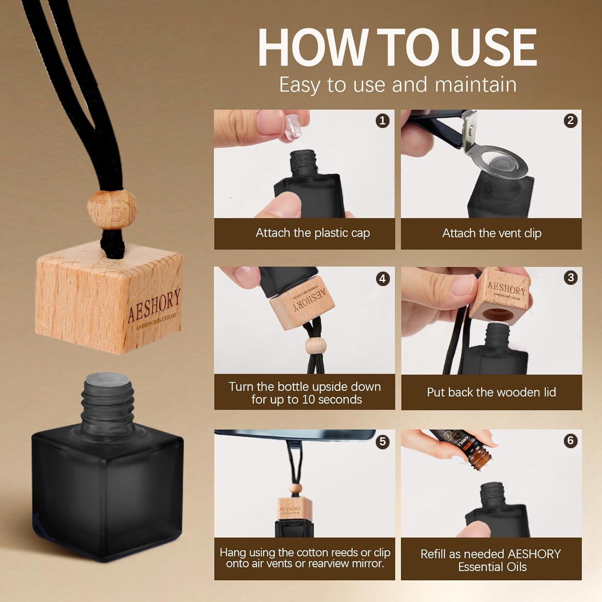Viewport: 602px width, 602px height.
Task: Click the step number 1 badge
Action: click(x=382, y=120)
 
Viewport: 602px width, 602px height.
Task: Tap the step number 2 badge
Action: click(x=570, y=120)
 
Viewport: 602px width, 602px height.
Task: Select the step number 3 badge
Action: click(x=570, y=278)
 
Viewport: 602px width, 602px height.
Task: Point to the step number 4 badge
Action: click(x=382, y=279)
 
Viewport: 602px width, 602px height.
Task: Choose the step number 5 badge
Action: click(x=382, y=441)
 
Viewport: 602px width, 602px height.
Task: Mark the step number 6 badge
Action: click(x=570, y=441)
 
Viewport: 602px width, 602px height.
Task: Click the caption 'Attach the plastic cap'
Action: click(x=313, y=233)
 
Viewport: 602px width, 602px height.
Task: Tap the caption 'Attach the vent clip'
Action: click(x=492, y=233)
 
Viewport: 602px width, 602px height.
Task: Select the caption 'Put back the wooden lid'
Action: click(x=491, y=392)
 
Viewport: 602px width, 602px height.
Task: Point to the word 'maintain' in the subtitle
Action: click(x=476, y=85)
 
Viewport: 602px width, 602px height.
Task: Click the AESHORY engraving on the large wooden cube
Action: click(x=154, y=305)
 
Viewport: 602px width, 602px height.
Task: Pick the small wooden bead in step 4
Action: click(x=313, y=346)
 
